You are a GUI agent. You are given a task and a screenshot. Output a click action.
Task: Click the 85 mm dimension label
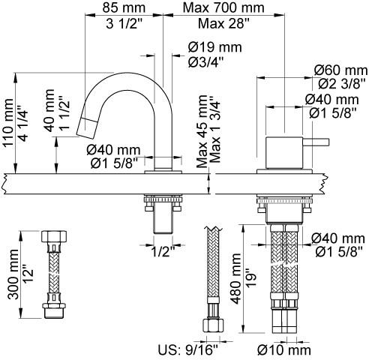(124, 7)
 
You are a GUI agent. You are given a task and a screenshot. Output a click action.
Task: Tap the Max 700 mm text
(223, 7)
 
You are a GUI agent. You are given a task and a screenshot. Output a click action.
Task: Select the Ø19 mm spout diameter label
(215, 47)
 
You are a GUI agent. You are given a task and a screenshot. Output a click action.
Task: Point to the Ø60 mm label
(341, 70)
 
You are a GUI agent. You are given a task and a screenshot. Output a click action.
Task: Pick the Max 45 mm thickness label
(202, 131)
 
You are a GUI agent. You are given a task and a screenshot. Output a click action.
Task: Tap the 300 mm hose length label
(13, 274)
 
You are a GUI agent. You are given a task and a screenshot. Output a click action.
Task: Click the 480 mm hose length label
(235, 279)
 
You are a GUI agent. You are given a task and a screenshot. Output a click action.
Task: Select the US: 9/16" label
(188, 349)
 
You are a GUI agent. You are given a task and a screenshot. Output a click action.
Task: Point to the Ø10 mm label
(284, 349)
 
